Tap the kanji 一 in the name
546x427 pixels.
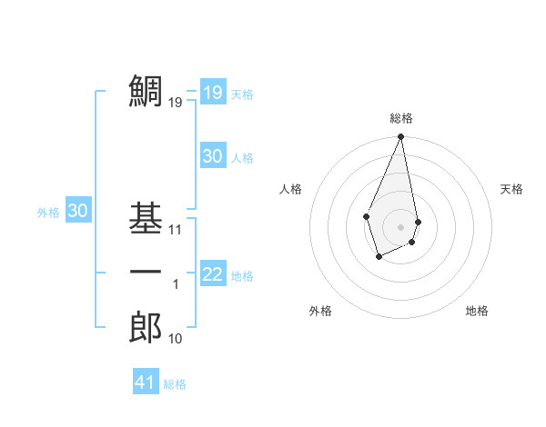[x=146, y=273]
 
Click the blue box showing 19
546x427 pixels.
[x=212, y=92]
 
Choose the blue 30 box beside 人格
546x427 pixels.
[x=212, y=156]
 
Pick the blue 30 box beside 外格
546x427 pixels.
[x=77, y=211]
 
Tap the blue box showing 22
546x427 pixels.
[x=212, y=274]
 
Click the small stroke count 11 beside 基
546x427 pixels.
[x=176, y=230]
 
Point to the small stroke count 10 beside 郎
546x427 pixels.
[x=176, y=339]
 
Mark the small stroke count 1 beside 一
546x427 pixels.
[x=176, y=284]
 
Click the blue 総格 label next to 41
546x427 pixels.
[x=175, y=384]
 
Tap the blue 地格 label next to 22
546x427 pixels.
[x=242, y=276]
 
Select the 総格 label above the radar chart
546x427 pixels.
[x=400, y=118]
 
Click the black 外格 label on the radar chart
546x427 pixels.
[x=320, y=311]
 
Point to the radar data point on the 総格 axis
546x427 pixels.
[x=400, y=137]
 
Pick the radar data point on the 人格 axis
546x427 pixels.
[x=366, y=216]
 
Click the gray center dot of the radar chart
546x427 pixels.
[x=400, y=226]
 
